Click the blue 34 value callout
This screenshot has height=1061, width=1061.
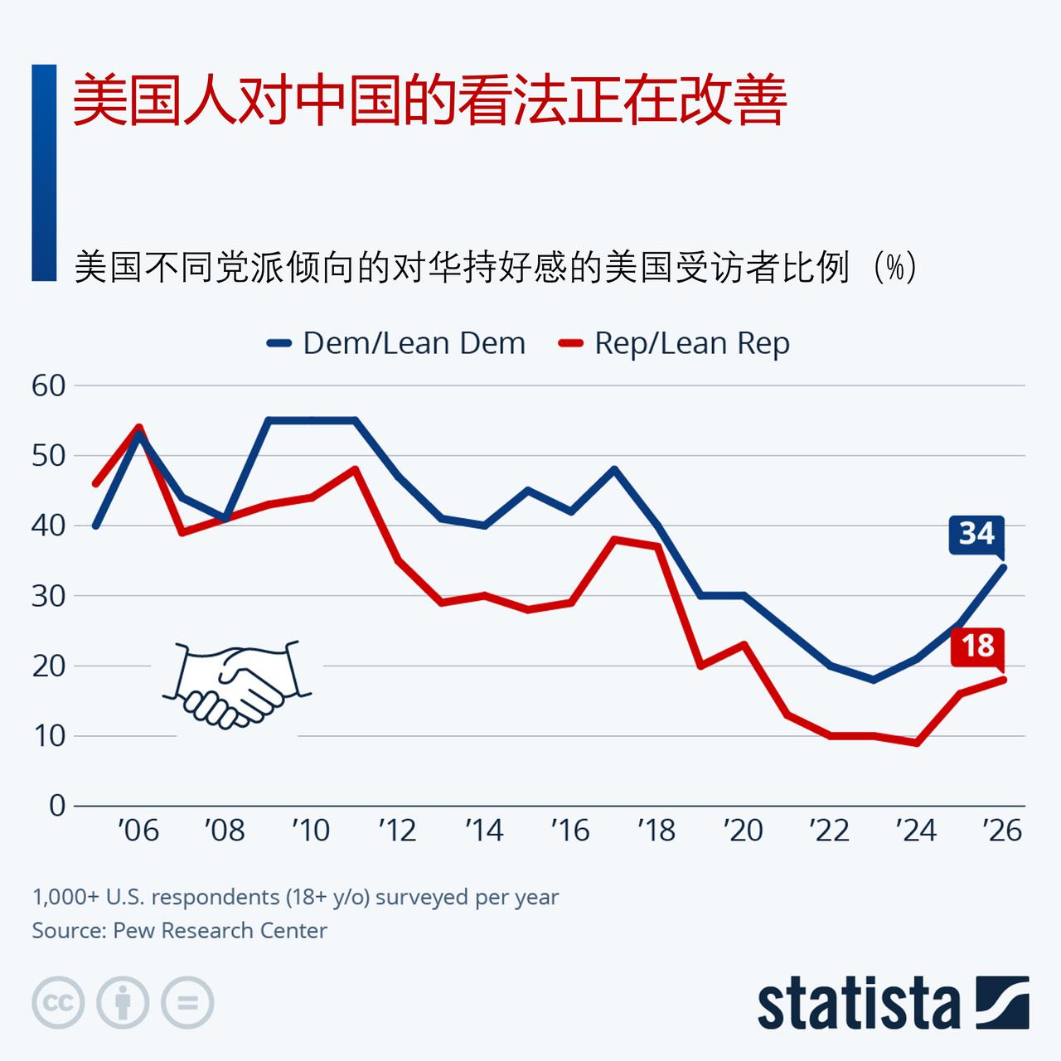[976, 533]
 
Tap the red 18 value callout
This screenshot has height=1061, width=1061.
[977, 646]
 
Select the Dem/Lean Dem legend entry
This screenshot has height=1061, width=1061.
[396, 343]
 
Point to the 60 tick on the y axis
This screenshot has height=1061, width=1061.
[48, 385]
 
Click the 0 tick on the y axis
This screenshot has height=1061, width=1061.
[56, 805]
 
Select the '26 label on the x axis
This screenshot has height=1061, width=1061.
[1002, 830]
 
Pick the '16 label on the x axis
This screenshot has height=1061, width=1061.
[570, 830]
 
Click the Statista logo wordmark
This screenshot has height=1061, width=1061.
[859, 1004]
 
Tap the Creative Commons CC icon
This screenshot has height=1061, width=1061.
[59, 1003]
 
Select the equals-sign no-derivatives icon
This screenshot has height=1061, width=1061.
[187, 1003]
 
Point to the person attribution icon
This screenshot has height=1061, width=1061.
[123, 1003]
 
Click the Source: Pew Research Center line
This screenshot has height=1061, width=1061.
[180, 930]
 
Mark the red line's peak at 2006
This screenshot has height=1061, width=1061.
[138, 428]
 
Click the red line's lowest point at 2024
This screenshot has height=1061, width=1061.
[917, 743]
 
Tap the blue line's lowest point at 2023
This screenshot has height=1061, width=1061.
[874, 680]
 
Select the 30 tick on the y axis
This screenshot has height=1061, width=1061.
[48, 595]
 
